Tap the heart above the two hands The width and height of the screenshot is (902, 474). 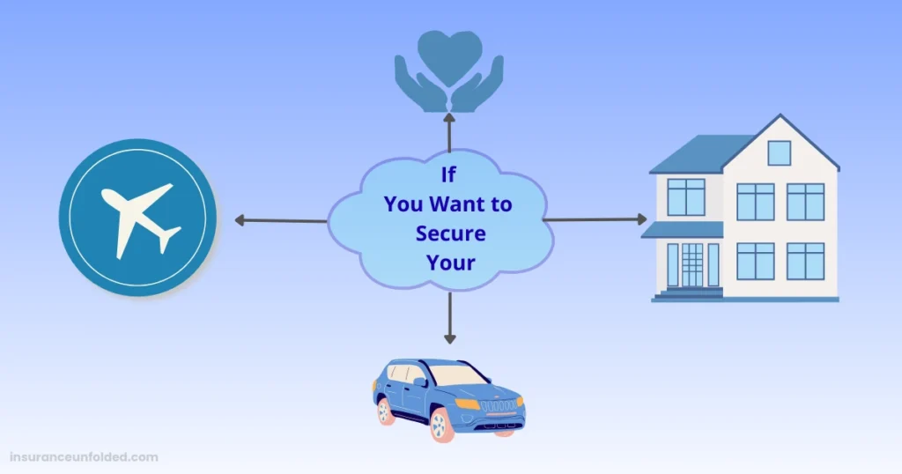coord(449,55)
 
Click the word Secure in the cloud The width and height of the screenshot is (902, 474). coord(450,233)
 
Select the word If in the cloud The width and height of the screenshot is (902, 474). coord(449,175)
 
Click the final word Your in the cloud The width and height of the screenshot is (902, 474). coord(450,263)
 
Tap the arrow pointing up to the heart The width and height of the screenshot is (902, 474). coord(449,131)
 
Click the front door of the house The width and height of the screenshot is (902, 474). coord(692,264)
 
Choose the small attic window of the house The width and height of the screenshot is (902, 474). coord(779,152)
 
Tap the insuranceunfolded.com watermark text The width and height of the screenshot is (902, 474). coord(85,457)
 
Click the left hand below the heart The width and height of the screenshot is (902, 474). coord(416,88)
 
